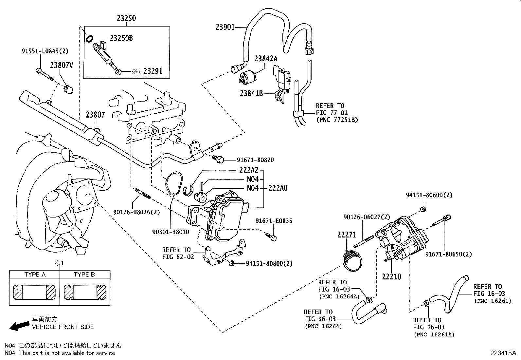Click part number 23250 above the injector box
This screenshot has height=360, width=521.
[126, 18]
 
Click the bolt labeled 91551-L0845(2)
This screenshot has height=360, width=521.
[45, 74]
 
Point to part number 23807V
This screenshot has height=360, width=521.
[61, 65]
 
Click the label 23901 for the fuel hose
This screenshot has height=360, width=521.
[225, 27]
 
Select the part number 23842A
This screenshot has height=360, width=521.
[266, 59]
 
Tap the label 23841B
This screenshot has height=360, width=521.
[251, 93]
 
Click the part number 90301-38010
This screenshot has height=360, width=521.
[171, 232]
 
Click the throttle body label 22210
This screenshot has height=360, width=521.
[391, 277]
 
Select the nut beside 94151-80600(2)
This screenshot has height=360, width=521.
[423, 209]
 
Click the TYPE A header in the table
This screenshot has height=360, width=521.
[35, 275]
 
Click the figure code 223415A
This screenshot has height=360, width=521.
[503, 353]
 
